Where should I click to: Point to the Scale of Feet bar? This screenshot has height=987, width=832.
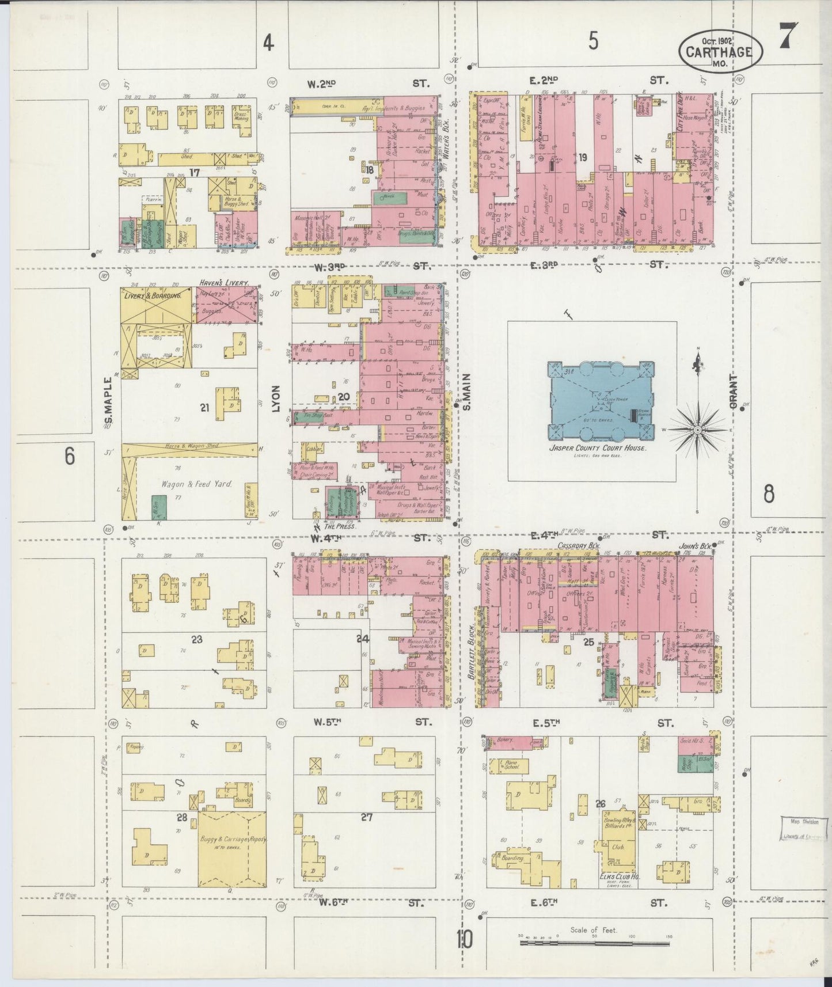(595, 943)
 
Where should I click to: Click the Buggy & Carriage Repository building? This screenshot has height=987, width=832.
(232, 848)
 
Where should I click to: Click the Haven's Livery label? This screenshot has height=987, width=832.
(223, 283)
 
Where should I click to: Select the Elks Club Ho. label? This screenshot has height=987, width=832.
(619, 876)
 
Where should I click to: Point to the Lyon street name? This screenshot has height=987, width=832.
(276, 398)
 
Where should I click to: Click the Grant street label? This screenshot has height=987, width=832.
(734, 392)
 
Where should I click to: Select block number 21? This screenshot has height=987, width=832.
(204, 408)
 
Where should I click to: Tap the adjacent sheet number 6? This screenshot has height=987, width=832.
(70, 456)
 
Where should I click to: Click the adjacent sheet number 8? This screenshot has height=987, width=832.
(769, 494)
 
